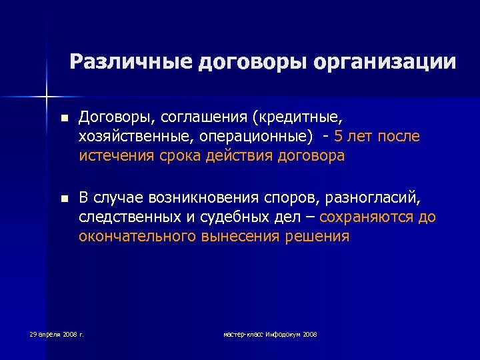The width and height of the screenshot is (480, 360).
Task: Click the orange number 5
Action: tap(339, 137)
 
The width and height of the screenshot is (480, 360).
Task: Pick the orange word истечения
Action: tap(115, 157)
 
